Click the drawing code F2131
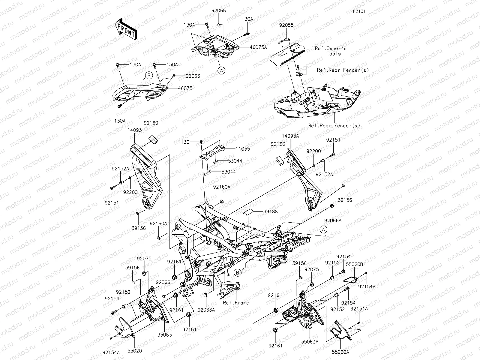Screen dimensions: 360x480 coord(360,12)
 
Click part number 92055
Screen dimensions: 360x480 coord(286,25)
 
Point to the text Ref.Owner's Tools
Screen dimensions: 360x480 coord(331,51)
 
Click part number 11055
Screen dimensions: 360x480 coord(243,149)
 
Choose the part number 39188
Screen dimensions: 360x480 coord(271,211)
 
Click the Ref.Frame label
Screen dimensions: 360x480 coord(236,303)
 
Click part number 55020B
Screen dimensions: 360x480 coord(355,265)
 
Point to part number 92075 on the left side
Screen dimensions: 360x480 coord(144,258)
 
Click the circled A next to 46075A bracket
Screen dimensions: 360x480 coord(221,70)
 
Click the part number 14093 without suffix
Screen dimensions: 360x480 coord(134,130)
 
